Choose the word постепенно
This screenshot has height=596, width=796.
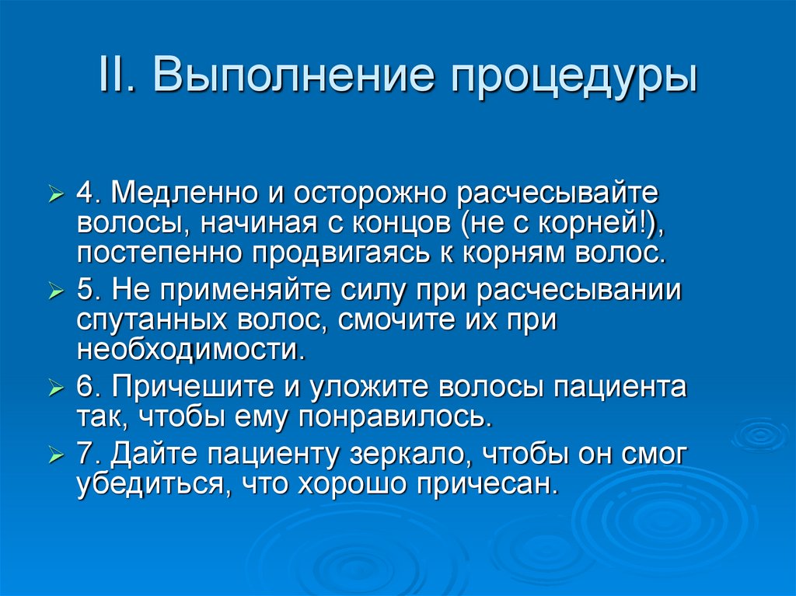pos(156,253)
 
